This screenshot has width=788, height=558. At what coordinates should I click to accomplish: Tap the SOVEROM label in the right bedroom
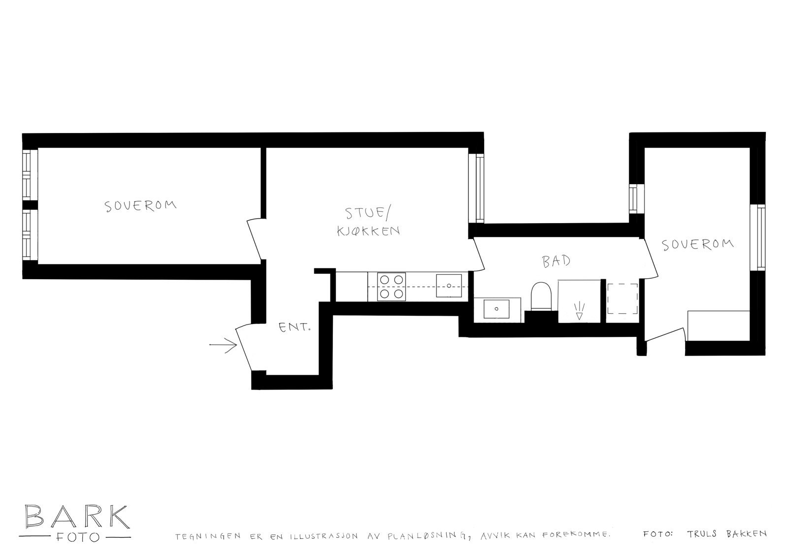click(697, 244)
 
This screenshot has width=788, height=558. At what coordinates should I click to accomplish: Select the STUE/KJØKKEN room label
click(367, 222)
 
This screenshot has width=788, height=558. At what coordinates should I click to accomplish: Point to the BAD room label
click(557, 261)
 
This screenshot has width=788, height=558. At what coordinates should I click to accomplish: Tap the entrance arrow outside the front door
click(223, 346)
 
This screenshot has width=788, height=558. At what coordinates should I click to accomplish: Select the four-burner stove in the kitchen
click(392, 287)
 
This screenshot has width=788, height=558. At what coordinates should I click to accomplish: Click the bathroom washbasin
click(496, 309)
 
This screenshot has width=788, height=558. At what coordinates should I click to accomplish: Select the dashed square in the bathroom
click(623, 299)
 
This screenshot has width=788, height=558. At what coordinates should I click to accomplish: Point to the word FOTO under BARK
click(76, 536)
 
